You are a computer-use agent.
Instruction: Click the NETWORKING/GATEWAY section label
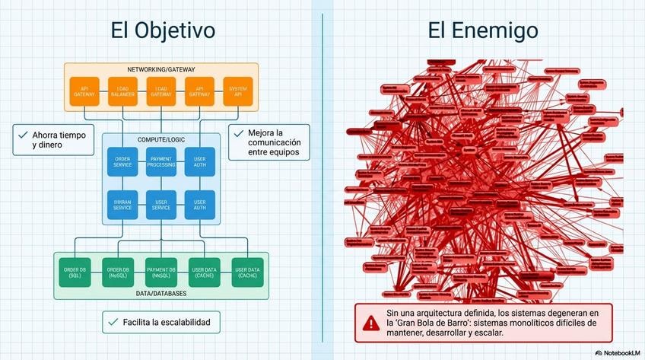(x=161, y=68)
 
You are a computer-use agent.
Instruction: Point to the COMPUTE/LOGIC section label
(x=161, y=140)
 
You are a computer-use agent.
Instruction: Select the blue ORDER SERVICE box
(x=122, y=161)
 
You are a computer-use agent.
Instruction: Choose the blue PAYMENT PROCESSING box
(x=161, y=161)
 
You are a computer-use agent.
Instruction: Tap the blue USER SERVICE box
(x=161, y=204)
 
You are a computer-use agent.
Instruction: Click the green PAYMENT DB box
(x=161, y=272)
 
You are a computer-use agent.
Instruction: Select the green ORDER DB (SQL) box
(x=75, y=272)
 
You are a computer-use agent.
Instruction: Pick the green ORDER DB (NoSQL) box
(x=118, y=272)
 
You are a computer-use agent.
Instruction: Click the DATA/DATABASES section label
(x=161, y=292)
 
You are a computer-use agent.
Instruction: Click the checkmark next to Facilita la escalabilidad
(x=113, y=322)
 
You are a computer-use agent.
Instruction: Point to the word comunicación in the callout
(x=274, y=142)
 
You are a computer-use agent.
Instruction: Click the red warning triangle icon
(x=370, y=323)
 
